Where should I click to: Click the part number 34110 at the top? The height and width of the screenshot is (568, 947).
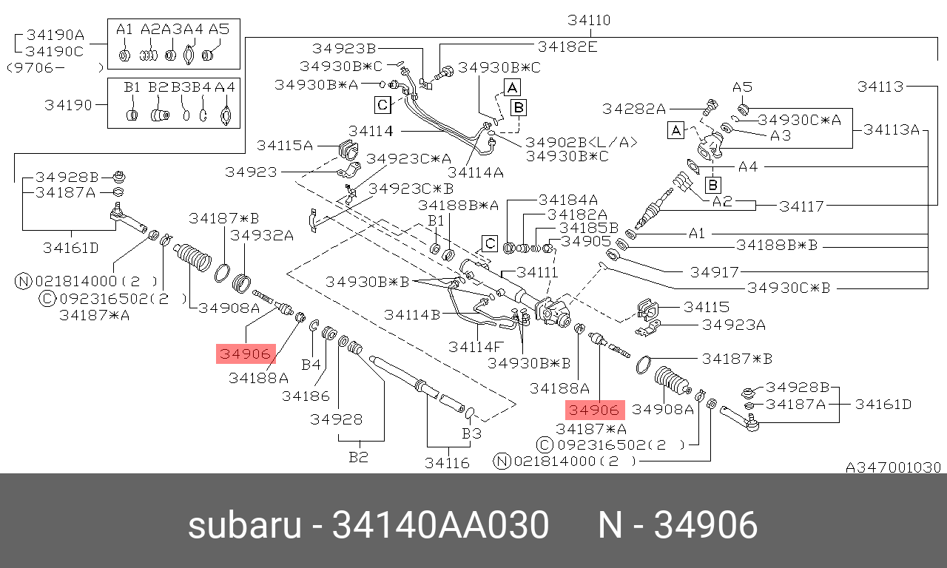pyautogui.click(x=589, y=20)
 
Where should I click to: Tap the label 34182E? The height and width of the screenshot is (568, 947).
pyautogui.click(x=567, y=47)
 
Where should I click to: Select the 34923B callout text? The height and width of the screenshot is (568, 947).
pyautogui.click(x=344, y=49)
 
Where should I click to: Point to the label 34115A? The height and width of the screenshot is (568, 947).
pyautogui.click(x=285, y=146)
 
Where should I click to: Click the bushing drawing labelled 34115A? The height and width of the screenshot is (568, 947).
pyautogui.click(x=348, y=149)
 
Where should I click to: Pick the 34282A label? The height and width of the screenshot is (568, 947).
pyautogui.click(x=634, y=109)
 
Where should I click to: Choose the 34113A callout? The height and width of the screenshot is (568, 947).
pyautogui.click(x=892, y=129)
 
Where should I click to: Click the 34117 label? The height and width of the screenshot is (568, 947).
pyautogui.click(x=801, y=206)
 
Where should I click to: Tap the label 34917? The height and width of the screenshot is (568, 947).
pyautogui.click(x=714, y=272)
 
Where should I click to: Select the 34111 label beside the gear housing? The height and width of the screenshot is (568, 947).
pyautogui.click(x=537, y=272)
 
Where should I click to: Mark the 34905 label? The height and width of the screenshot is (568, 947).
pyautogui.click(x=586, y=241)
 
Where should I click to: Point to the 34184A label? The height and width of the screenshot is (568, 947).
pyautogui.click(x=568, y=200)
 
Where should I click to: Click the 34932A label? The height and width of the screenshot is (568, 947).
pyautogui.click(x=262, y=235)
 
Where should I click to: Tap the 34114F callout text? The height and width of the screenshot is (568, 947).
pyautogui.click(x=476, y=347)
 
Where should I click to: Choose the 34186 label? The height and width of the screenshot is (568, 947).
pyautogui.click(x=306, y=396)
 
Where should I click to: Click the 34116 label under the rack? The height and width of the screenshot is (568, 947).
pyautogui.click(x=447, y=463)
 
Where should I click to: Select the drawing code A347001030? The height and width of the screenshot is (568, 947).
pyautogui.click(x=893, y=467)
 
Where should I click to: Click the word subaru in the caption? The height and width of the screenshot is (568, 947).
pyautogui.click(x=244, y=525)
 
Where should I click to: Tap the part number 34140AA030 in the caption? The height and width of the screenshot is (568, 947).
pyautogui.click(x=440, y=525)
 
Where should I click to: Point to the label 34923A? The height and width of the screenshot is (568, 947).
pyautogui.click(x=733, y=325)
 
